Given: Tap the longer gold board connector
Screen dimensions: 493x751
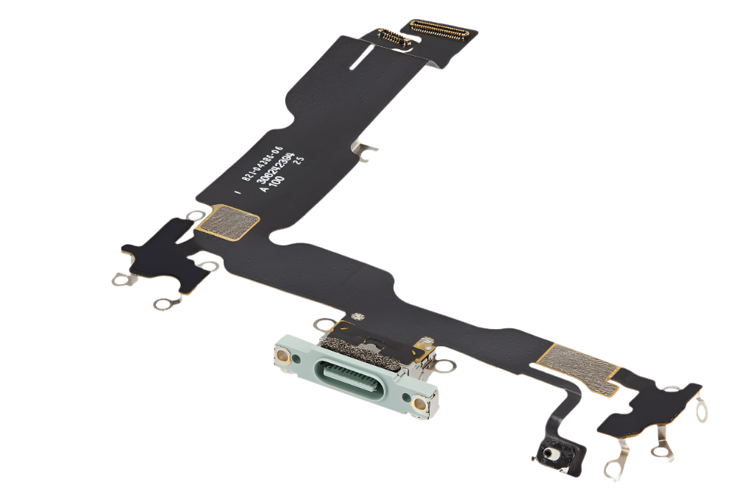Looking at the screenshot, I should point(439,29).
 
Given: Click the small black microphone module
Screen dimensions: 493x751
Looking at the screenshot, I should point(549,454).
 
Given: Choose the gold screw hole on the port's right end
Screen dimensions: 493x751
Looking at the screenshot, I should point(419,403).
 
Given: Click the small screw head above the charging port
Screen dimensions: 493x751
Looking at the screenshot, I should point(358,317).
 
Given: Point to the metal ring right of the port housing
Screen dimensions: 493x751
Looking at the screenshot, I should point(444,363).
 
